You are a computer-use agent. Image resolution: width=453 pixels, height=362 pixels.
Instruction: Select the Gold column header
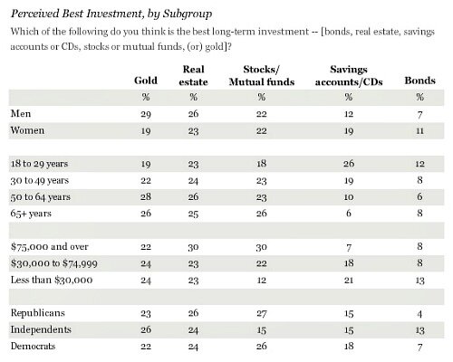point(144,81)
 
